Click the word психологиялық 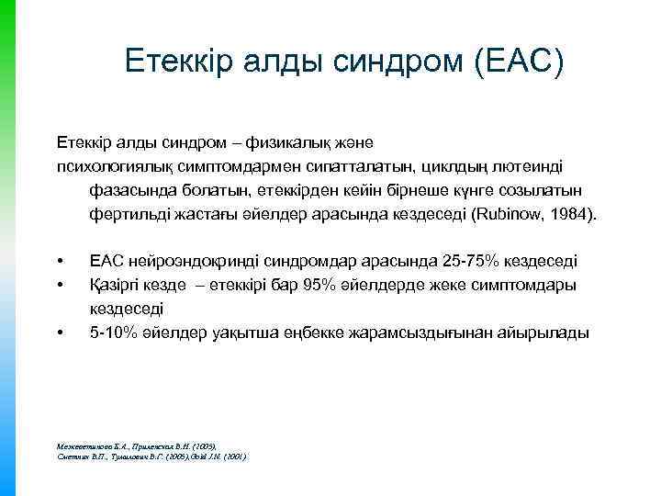(x=110, y=167)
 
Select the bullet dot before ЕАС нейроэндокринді (x=60, y=262)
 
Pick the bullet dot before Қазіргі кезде (x=60, y=286)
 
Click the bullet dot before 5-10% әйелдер (x=60, y=333)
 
